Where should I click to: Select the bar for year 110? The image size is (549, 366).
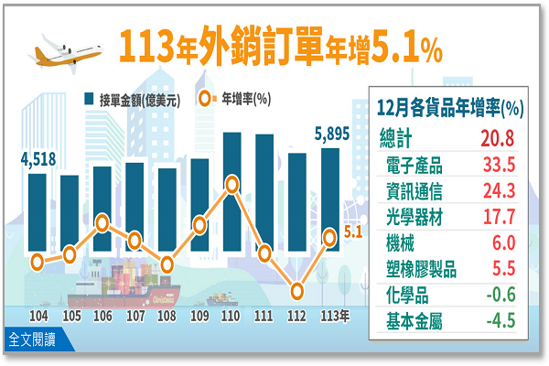231,210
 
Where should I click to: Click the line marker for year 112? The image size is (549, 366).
297,291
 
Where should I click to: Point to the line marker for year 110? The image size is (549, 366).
231,185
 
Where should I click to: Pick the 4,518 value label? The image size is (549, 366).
38,161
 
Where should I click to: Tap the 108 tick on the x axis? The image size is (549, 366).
167,316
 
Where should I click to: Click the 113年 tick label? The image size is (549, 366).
334,316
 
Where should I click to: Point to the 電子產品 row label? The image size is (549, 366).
416,166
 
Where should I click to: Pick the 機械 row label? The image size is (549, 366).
403,242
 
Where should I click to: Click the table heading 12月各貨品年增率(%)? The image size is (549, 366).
448,108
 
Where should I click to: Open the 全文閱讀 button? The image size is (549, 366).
31,339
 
